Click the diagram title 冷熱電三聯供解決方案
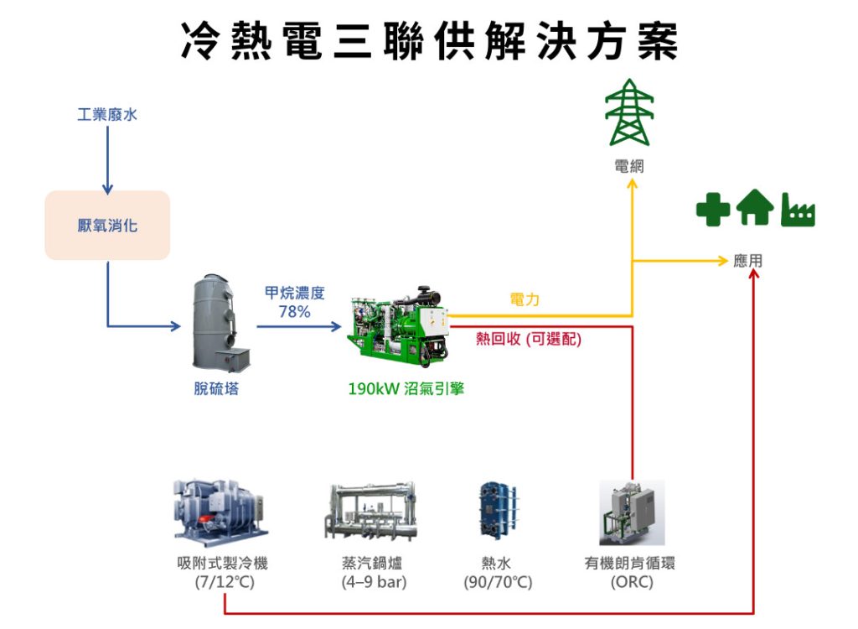click(x=430, y=40)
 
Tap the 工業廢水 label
click(x=107, y=115)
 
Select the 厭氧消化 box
click(x=107, y=226)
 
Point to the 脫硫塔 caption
click(x=216, y=388)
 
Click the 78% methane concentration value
click(x=294, y=312)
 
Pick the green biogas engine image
click(x=399, y=325)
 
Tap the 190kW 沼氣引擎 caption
click(x=406, y=388)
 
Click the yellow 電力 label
click(x=525, y=299)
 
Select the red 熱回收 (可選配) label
click(x=528, y=339)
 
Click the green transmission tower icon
click(x=629, y=112)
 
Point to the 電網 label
click(x=629, y=166)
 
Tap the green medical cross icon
click(x=713, y=210)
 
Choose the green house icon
click(x=755, y=207)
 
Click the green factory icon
click(x=799, y=210)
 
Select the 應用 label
click(x=748, y=261)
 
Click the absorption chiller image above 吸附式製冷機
click(x=221, y=512)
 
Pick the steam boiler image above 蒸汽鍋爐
click(x=371, y=512)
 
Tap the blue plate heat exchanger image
click(x=498, y=512)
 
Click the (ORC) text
click(x=632, y=581)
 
